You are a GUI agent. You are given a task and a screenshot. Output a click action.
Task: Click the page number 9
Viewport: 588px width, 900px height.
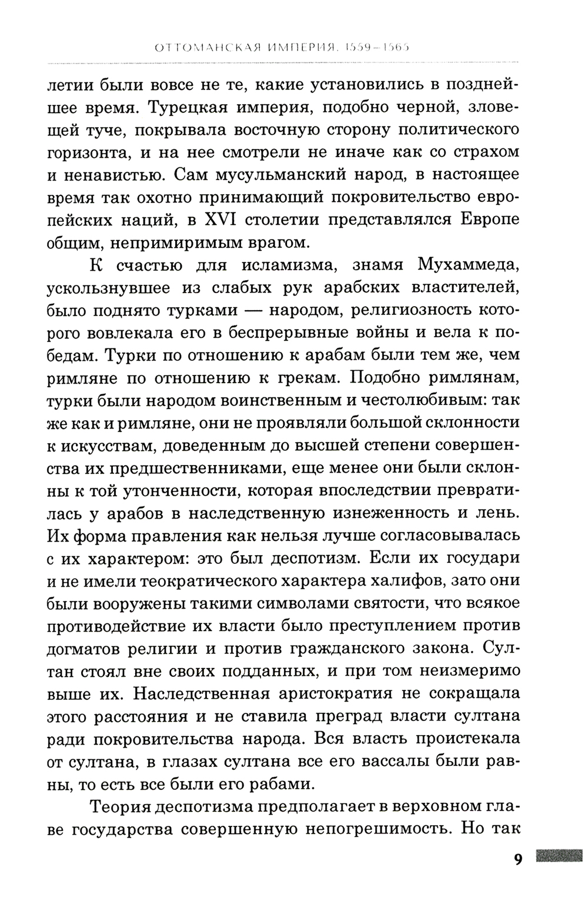(517, 859)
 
